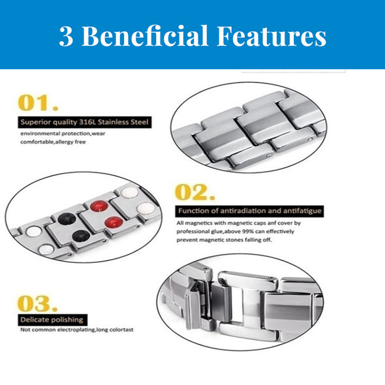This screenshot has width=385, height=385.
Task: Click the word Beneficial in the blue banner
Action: [x=145, y=36]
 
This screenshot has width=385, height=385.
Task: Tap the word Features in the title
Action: [x=272, y=36]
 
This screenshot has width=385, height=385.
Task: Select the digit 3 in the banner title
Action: [x=66, y=37]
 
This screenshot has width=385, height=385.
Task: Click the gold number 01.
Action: [x=38, y=103]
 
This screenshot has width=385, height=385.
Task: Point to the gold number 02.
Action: [x=195, y=192]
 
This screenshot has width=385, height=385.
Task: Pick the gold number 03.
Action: [x=38, y=303]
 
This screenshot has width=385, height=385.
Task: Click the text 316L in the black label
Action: [x=87, y=122]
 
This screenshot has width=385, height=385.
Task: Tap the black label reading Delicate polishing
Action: [x=53, y=320]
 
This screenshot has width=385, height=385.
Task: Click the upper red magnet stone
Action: [x=99, y=206]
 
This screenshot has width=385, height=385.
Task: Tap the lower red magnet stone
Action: [x=114, y=222]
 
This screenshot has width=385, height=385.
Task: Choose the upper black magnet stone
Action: [x=67, y=219]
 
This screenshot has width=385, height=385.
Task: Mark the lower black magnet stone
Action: [x=81, y=236]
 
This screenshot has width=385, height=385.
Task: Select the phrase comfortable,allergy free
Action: [x=53, y=142]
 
